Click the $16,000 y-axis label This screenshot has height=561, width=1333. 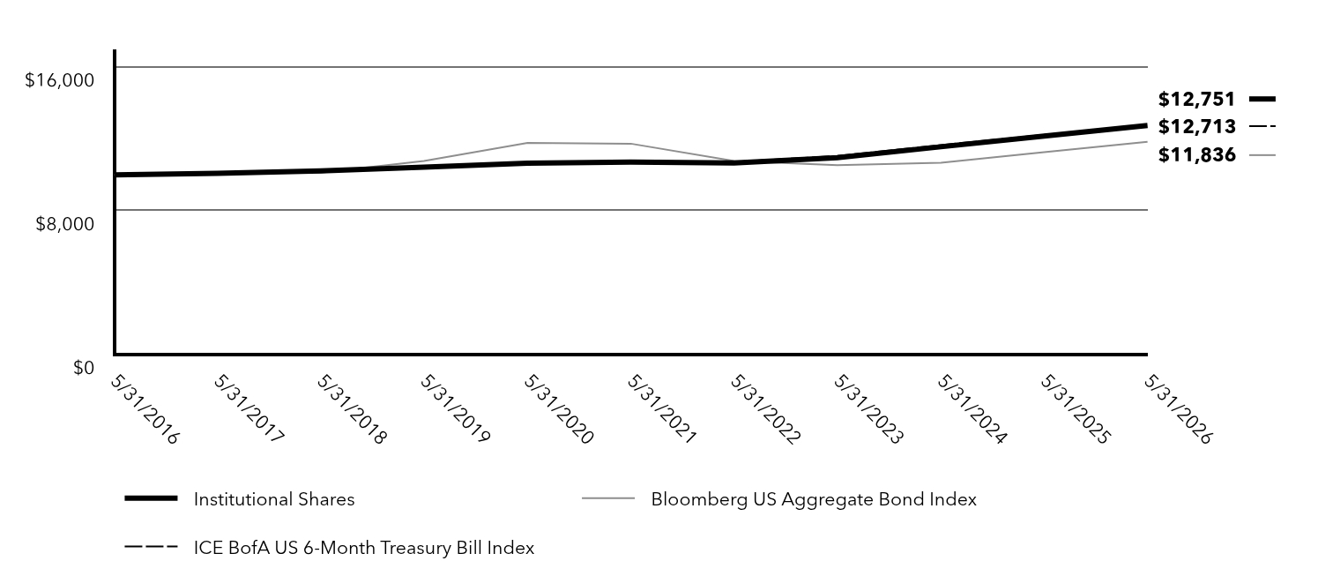click(60, 79)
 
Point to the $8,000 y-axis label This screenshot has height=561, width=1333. click(65, 224)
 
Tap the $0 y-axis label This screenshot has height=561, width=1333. click(84, 368)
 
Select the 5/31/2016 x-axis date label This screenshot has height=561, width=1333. click(145, 410)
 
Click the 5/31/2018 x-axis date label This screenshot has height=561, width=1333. click(352, 410)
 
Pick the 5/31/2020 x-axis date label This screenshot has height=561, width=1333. click(558, 410)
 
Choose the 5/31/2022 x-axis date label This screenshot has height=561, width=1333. click(764, 410)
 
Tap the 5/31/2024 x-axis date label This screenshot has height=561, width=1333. click(972, 410)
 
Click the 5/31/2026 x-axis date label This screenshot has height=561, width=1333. click(1178, 410)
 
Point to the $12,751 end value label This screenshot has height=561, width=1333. click(1196, 99)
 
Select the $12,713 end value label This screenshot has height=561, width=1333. click(1196, 126)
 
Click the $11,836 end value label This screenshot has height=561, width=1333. click(1196, 155)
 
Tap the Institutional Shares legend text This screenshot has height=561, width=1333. click(274, 499)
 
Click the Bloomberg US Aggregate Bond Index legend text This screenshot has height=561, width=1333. click(814, 499)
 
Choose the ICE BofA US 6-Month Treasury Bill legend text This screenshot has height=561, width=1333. click(364, 547)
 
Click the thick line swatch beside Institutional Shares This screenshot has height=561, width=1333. click(151, 498)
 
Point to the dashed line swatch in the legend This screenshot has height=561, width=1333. click(151, 546)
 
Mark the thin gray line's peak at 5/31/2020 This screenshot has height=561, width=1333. click(527, 143)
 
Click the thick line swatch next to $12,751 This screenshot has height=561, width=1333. click(1262, 99)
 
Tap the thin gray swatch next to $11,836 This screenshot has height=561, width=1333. click(1262, 155)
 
